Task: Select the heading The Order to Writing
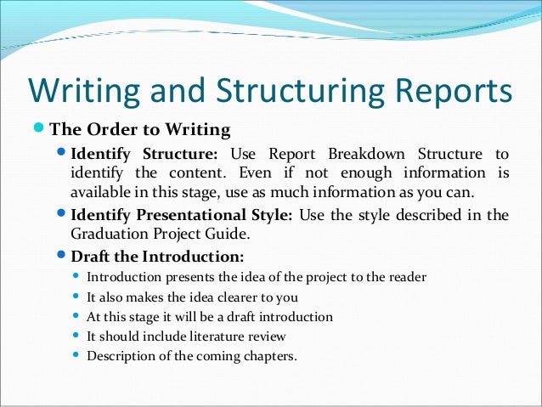[140, 130]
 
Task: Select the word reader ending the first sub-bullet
[406, 278]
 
